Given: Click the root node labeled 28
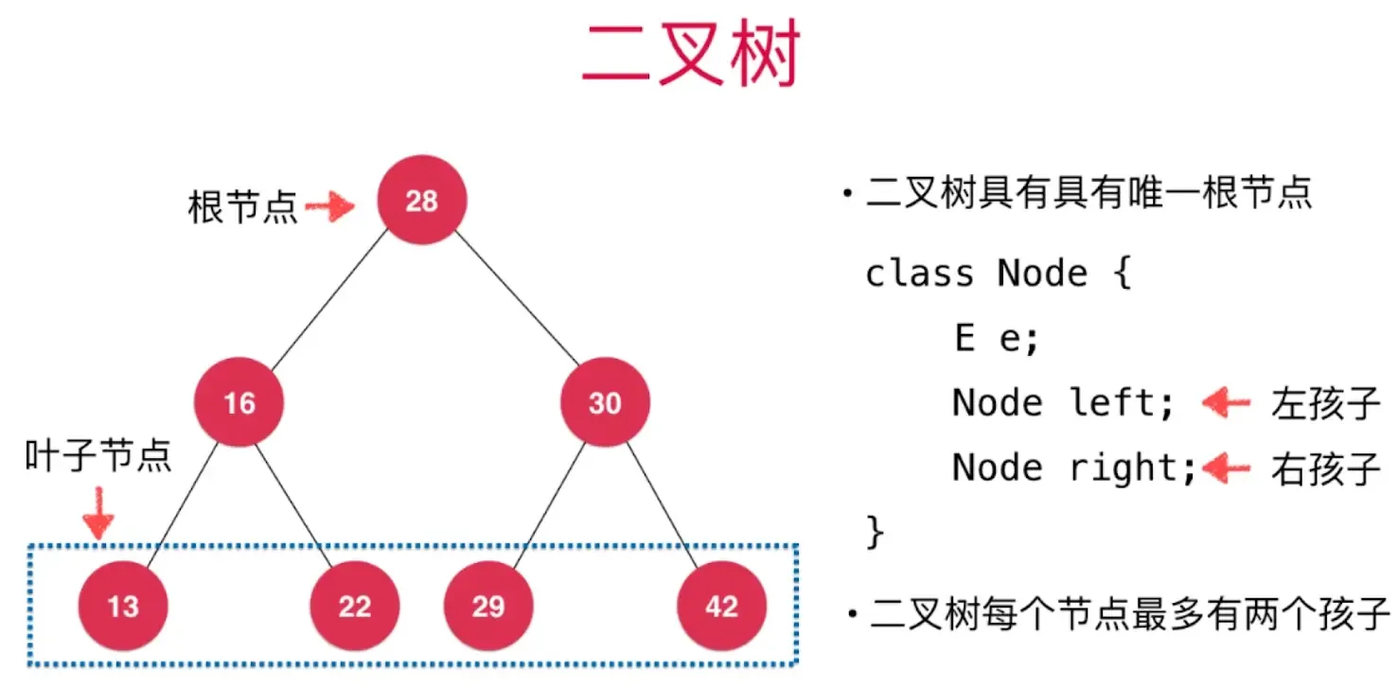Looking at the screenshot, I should (421, 201).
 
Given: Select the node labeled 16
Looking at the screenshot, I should (239, 403).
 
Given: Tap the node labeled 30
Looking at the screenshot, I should (604, 403).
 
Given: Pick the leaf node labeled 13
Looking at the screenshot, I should (123, 606).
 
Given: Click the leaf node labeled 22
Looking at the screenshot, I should (355, 606).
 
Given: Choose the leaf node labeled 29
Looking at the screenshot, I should (488, 606).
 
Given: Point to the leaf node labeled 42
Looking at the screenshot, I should (721, 606).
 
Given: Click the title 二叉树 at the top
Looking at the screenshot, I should (691, 55).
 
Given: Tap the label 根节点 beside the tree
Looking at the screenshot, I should (242, 206).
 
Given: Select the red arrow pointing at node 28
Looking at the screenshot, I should (328, 205).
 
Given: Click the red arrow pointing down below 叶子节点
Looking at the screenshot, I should (97, 515).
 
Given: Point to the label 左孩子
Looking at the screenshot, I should (1325, 404).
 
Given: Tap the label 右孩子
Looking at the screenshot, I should (1325, 469).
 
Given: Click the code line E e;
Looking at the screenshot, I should (996, 339).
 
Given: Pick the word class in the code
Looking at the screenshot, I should (919, 274).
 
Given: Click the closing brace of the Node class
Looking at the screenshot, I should (875, 532).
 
